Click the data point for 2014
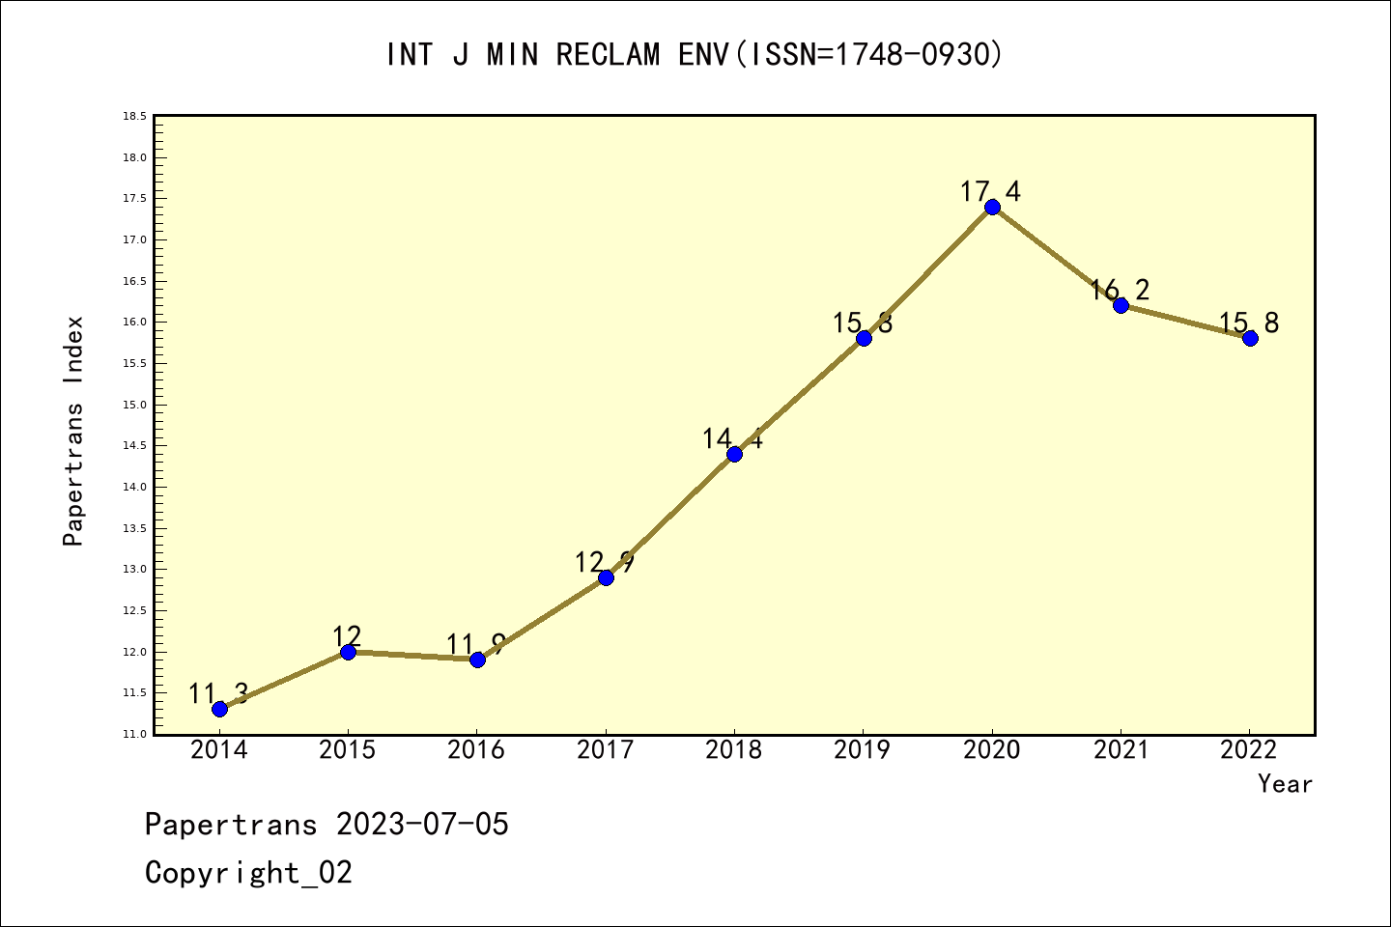click(219, 709)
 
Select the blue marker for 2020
click(992, 207)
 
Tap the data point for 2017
click(606, 577)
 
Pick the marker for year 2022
click(1250, 338)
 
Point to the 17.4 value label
click(990, 192)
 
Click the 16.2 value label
click(1120, 290)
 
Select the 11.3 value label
click(218, 693)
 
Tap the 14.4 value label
click(732, 439)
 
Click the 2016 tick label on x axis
click(476, 750)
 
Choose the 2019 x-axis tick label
click(863, 750)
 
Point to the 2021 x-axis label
click(1121, 750)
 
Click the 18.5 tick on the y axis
click(134, 117)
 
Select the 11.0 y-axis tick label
click(134, 735)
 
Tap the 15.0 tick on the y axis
click(134, 405)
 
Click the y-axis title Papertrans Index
click(73, 430)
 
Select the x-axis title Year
click(1285, 784)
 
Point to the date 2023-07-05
click(422, 825)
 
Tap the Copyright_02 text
click(248, 873)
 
